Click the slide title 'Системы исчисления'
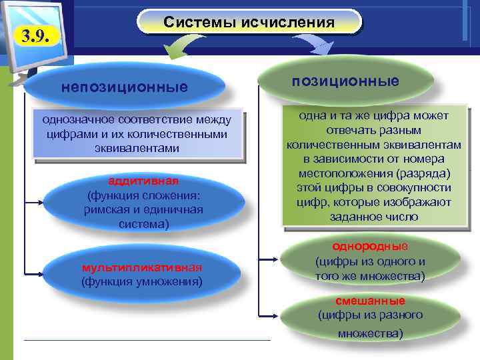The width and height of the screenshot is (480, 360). pyautogui.click(x=249, y=23)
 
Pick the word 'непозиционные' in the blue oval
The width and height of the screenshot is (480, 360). pyautogui.click(x=124, y=87)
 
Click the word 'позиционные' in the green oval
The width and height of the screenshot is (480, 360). pyautogui.click(x=345, y=81)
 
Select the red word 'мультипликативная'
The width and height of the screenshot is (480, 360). pyautogui.click(x=141, y=267)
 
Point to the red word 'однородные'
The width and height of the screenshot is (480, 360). pyautogui.click(x=370, y=245)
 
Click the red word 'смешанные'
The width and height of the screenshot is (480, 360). pyautogui.click(x=370, y=301)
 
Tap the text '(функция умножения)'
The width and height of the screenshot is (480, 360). pyautogui.click(x=141, y=281)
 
